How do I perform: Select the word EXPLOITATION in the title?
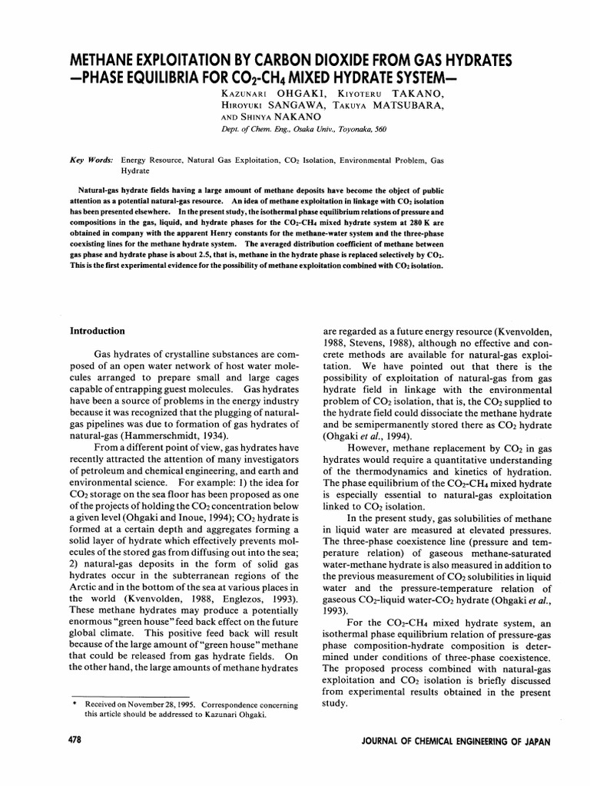tap(207, 61)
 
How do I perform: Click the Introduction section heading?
tap(98, 331)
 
